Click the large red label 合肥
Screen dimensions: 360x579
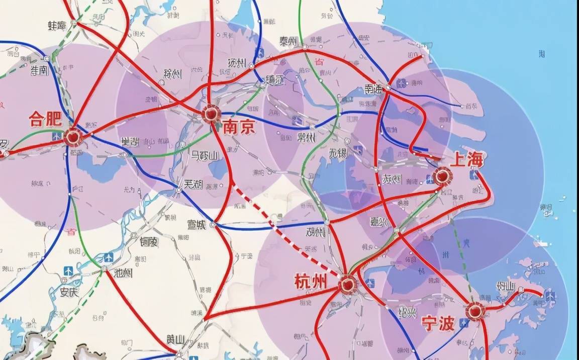tap(45, 119)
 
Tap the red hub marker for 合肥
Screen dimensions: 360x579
tap(73, 137)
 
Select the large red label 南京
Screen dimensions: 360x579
tap(239, 126)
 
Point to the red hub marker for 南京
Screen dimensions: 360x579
tap(212, 114)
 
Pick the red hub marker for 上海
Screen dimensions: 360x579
tap(443, 176)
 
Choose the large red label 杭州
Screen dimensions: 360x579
tap(310, 282)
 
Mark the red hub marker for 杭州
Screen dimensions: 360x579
tap(347, 285)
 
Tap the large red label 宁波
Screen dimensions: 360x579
tap(438, 323)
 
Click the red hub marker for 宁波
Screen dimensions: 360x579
tap(474, 311)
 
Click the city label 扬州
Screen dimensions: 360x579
tap(236, 63)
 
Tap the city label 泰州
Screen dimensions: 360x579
tap(288, 42)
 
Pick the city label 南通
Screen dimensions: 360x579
tap(373, 89)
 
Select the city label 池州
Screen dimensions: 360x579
tap(123, 274)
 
